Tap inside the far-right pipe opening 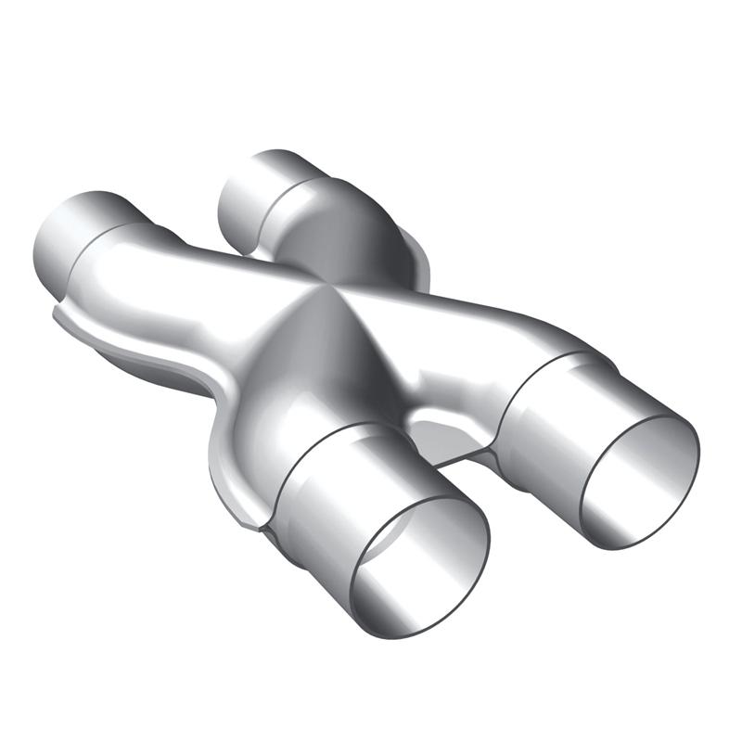coord(640,482)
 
